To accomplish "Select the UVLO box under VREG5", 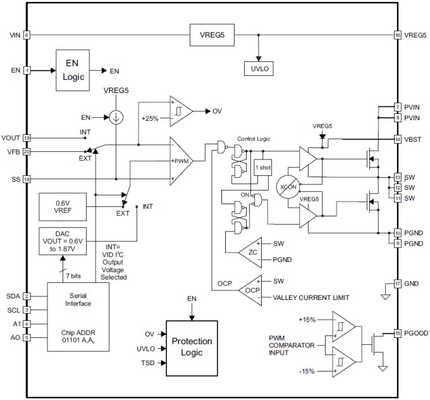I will (259, 69).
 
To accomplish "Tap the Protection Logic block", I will (192, 346).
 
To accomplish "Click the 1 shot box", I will (262, 168).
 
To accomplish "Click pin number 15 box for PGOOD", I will (397, 333).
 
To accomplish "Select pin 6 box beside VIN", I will (27, 35).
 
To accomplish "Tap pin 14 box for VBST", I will (397, 139).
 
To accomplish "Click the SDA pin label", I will (13, 296).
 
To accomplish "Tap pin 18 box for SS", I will (27, 179).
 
